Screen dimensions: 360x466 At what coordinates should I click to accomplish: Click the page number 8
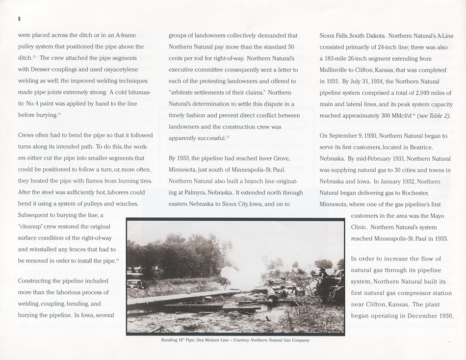[19, 19]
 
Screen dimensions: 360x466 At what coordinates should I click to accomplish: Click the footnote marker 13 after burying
[59, 114]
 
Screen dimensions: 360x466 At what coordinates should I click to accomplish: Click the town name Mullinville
[337, 70]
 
